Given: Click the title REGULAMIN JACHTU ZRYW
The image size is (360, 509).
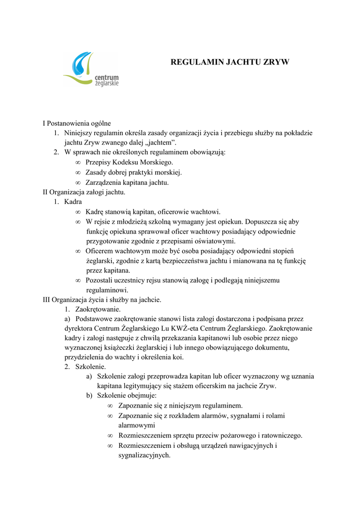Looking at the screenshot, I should [x=230, y=63].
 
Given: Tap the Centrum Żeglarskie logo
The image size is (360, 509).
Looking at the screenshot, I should [x=91, y=70].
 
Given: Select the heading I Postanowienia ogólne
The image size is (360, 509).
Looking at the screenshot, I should [x=77, y=123].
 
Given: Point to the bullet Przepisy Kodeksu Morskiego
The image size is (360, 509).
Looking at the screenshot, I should [x=129, y=163].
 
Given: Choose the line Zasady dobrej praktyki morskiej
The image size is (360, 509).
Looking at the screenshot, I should [x=134, y=172].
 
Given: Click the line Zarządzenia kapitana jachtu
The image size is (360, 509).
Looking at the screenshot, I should [x=127, y=182].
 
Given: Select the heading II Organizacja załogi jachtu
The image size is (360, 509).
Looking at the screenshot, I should [x=84, y=192].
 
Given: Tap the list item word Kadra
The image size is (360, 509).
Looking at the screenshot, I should [x=73, y=202].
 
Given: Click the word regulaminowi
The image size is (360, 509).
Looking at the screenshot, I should [x=107, y=290].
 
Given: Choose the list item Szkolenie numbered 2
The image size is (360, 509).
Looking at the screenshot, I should [x=90, y=367].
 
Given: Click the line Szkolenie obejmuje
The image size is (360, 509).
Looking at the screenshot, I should [x=127, y=396].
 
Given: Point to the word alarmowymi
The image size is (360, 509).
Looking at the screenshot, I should [x=136, y=425].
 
